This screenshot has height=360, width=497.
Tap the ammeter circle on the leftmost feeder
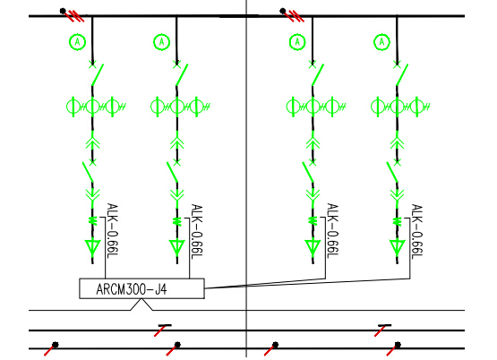(77, 34)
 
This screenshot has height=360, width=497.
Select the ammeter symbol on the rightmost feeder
(382, 34)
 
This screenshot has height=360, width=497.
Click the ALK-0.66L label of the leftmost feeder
(113, 231)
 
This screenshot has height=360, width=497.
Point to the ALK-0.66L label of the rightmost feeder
(417, 231)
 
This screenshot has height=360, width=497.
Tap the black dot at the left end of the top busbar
(63, 11)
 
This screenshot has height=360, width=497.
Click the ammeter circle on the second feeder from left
(162, 34)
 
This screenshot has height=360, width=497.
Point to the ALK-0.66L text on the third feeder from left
(332, 231)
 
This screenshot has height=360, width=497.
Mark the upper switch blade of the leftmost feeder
(98, 75)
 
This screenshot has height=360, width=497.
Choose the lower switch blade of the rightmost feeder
(392, 172)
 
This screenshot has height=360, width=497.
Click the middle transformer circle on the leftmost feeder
(92, 99)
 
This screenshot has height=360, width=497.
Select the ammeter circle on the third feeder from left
(297, 34)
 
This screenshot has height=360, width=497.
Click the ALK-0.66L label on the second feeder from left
(197, 231)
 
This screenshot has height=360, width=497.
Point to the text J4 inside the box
(161, 289)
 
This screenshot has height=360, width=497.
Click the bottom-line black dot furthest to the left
(56, 345)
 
